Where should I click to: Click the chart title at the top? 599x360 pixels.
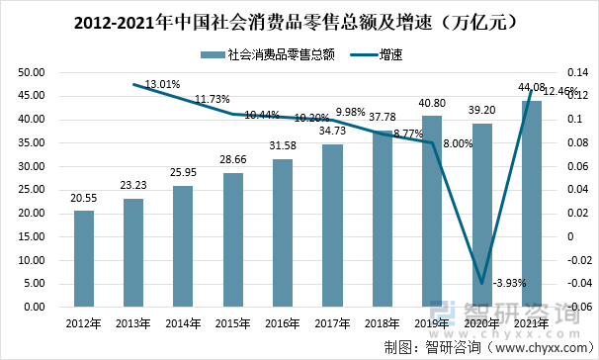coord(299,19)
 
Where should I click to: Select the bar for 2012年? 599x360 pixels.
coord(84,258)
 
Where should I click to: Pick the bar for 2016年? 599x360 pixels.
coord(283,232)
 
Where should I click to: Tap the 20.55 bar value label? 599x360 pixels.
coord(84,199)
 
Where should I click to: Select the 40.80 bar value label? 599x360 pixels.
coord(433,104)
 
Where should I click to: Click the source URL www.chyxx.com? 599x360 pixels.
coord(543,346)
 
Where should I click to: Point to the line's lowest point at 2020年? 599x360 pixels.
coord(482,284)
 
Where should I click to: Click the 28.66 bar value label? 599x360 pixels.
coord(233,160)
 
